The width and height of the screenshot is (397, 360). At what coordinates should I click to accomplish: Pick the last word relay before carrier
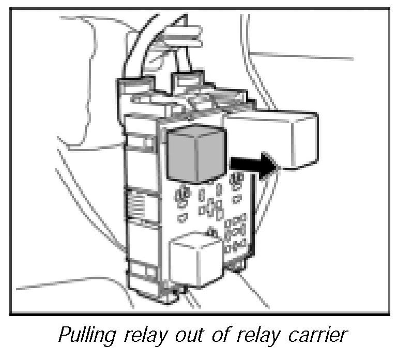pos(255,336)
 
